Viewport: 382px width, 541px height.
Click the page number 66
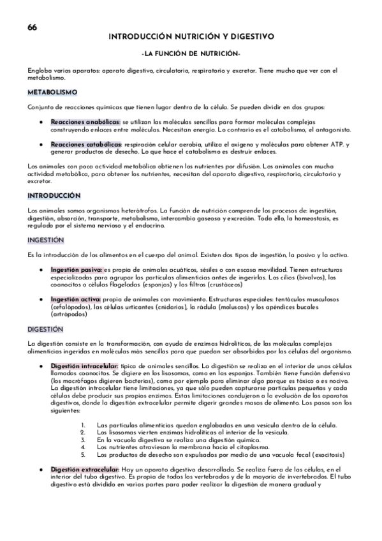coord(32,27)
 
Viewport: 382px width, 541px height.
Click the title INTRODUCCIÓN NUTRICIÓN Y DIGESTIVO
coord(191,37)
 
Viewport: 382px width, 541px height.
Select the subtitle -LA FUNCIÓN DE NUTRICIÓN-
coord(191,53)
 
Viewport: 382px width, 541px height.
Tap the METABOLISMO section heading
coord(52,92)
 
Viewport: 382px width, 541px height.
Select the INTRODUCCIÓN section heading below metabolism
coord(54,195)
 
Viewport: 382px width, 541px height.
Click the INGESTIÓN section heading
coord(46,240)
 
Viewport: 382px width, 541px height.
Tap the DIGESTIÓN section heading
coord(45,329)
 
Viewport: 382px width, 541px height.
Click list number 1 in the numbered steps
coord(84,425)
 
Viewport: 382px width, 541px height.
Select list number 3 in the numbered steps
coord(84,440)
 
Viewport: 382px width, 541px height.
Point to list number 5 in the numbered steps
coord(84,455)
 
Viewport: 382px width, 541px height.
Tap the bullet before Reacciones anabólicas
coord(41,121)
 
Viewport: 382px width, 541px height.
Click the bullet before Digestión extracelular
coord(41,470)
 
